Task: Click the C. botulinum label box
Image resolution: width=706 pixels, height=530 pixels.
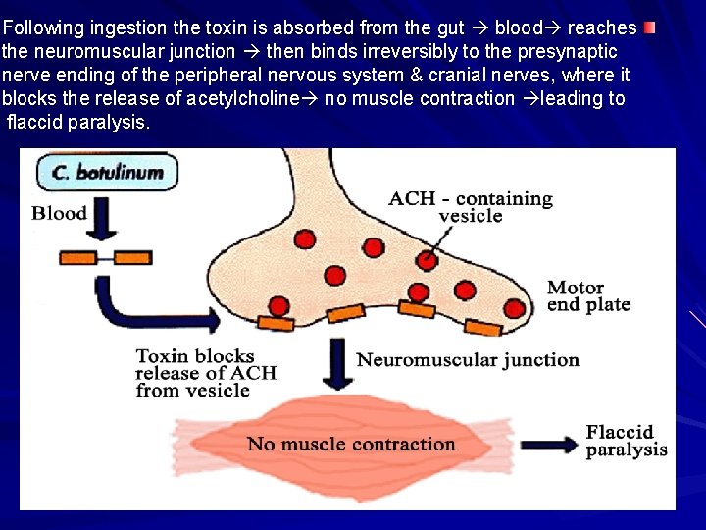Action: pos(108,174)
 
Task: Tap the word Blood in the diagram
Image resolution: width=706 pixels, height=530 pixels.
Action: pos(60,213)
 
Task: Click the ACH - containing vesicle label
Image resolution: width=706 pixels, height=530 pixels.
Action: pos(471,207)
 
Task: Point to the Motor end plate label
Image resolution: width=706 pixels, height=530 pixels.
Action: pos(588,295)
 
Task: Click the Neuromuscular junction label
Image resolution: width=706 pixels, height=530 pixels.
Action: pos(468,360)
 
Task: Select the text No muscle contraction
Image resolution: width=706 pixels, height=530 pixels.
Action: pos(351,444)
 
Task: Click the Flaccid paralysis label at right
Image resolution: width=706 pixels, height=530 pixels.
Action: pos(627,441)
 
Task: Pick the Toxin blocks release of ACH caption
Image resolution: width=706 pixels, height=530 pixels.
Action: pos(206,373)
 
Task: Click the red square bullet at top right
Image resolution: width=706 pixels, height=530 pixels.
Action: pos(650,27)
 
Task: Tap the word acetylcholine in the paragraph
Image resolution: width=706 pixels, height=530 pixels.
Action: pos(262,98)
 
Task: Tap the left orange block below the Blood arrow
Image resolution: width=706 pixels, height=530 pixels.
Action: pos(78,257)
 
